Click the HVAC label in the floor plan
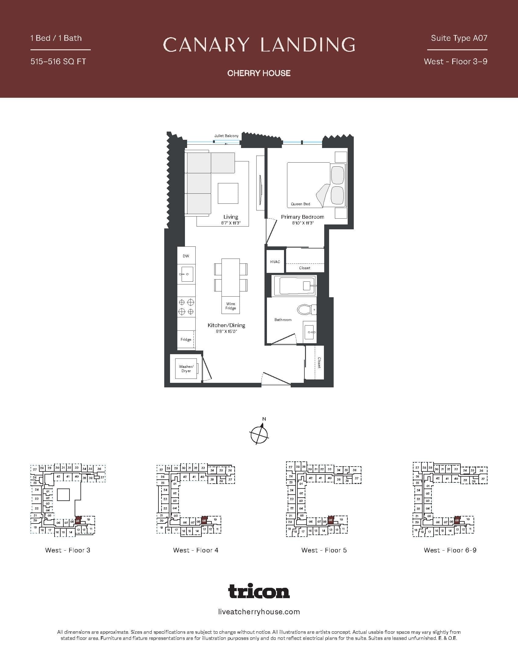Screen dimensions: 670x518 tap(275, 262)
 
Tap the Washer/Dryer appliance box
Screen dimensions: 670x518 tap(186, 368)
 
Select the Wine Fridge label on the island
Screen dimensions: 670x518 tap(230, 306)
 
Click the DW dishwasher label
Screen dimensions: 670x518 tap(186, 256)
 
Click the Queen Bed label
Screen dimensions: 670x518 tap(300, 204)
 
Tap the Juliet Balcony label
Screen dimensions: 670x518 tap(226, 136)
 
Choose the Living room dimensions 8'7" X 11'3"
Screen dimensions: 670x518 tap(230, 223)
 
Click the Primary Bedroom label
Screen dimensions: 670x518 tap(303, 217)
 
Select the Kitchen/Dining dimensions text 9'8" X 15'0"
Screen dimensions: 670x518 tap(226, 331)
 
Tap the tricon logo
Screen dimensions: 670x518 tap(259, 591)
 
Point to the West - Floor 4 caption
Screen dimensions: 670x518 tap(196, 550)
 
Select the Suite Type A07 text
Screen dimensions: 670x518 tap(459, 38)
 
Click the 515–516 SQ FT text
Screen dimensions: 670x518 tap(58, 61)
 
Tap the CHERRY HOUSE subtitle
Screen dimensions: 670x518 tap(259, 73)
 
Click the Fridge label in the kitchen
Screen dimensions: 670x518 tap(186, 339)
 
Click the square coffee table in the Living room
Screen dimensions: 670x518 tap(228, 193)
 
